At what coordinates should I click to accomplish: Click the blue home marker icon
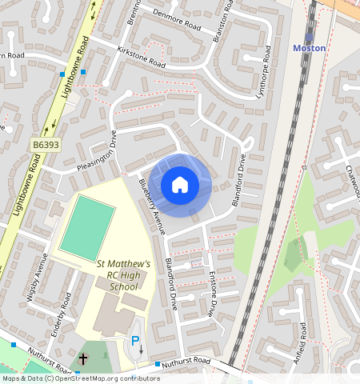180,185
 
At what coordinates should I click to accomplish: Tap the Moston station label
309,48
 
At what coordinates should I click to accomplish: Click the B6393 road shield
46,145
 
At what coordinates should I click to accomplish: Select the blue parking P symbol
135,342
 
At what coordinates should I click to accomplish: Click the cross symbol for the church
83,359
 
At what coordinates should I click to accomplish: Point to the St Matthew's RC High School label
123,274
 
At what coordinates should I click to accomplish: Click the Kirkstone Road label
141,57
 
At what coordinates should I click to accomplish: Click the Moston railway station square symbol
308,36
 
